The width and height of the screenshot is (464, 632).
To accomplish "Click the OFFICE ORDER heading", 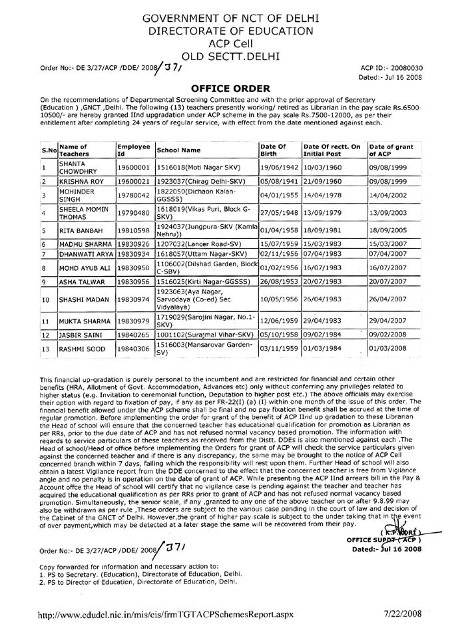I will [231, 87].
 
